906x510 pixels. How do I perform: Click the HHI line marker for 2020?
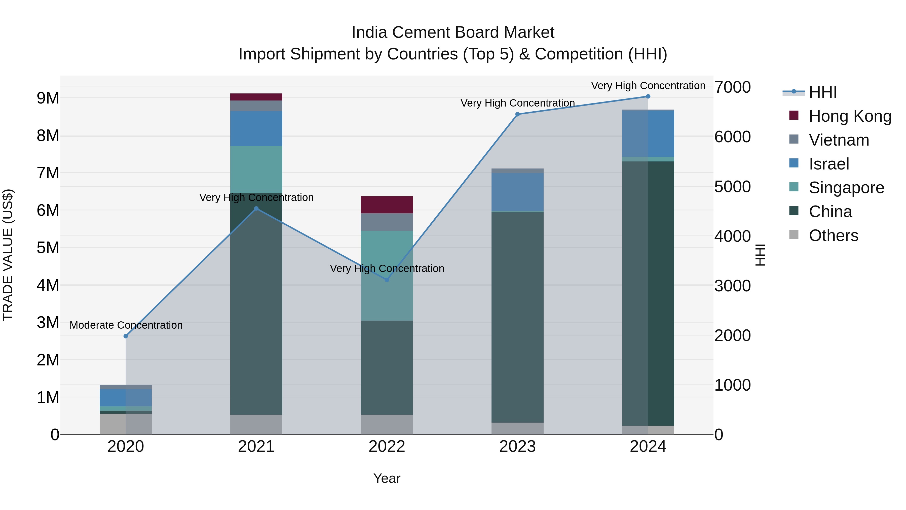126,336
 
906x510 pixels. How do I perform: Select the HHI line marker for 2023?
517,114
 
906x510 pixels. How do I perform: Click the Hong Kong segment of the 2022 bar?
387,205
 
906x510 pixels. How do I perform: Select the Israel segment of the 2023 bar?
517,192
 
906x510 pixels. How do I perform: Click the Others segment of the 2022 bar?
387,424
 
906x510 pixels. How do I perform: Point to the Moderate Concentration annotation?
126,325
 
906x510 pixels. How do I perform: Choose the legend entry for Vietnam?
839,140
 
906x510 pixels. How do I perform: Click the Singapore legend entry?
846,188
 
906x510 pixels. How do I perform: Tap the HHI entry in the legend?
823,92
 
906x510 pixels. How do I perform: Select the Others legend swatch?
794,235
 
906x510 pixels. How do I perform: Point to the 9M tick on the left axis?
48,98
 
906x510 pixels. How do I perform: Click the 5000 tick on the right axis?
732,187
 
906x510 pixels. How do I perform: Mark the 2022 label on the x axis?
387,447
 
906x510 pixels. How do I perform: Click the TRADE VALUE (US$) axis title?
8,255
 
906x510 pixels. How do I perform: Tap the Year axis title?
387,478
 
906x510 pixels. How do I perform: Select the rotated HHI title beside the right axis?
760,255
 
